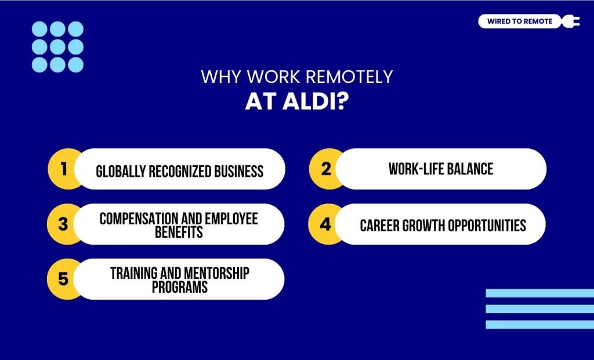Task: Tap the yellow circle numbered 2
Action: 325,169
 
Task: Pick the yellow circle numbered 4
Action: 325,224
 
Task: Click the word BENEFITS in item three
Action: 179,231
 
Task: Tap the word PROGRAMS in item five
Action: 179,286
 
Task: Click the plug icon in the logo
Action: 571,21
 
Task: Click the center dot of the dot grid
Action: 57,46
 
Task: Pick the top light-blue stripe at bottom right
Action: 539,293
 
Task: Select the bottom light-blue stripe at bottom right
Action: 539,325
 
